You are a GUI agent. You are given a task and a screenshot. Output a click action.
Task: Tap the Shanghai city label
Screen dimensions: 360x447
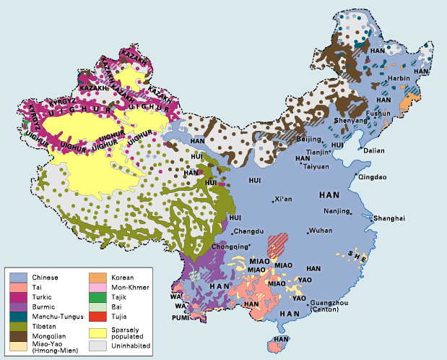coord(389,218)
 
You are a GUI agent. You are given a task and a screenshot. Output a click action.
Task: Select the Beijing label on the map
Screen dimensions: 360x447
coord(309,138)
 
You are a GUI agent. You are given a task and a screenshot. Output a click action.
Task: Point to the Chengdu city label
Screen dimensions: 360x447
coord(249,232)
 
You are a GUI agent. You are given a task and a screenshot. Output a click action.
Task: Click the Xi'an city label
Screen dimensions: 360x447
coord(285,200)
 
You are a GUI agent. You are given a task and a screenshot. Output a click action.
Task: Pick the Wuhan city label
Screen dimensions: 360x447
coord(321,231)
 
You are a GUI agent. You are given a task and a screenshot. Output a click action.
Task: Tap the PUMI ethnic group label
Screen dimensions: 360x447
coord(181,317)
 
